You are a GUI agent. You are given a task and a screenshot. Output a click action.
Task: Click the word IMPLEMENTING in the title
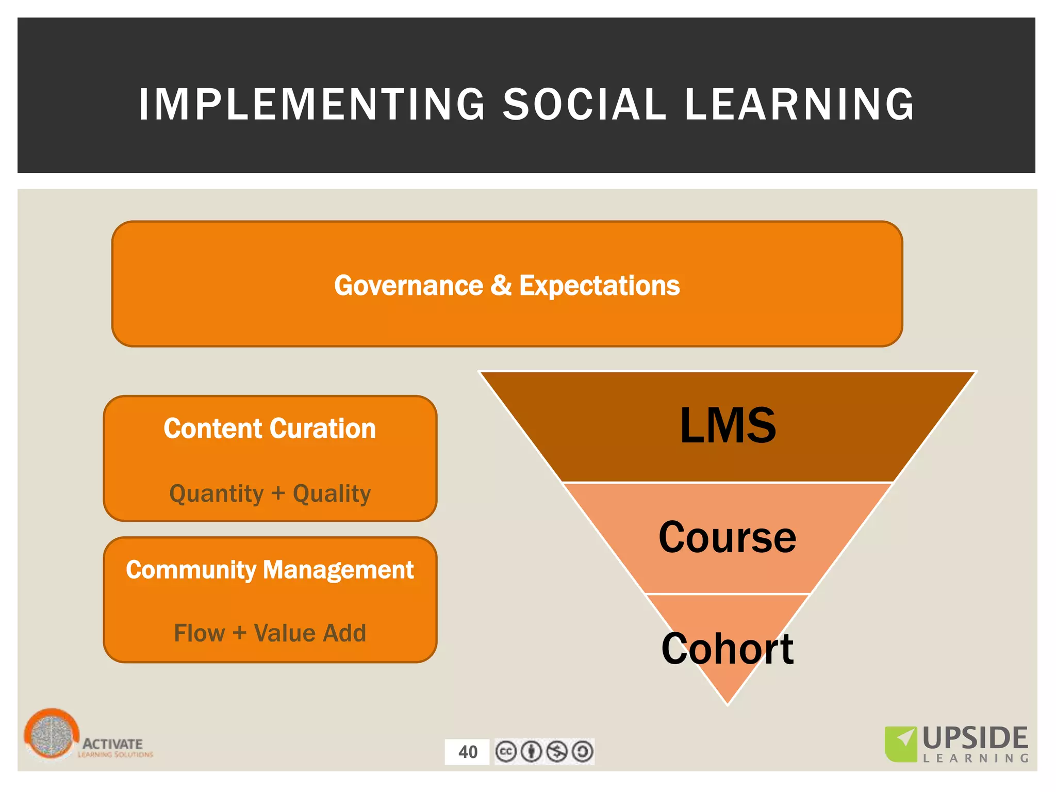(312, 105)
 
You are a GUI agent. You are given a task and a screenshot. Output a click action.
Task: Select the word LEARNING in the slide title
(800, 105)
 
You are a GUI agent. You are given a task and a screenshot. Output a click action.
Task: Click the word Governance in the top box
(408, 286)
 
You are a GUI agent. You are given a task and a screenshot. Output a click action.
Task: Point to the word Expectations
(599, 286)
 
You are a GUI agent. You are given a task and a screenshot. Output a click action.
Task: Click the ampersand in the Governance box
(501, 286)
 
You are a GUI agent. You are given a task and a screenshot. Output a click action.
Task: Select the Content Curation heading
(270, 428)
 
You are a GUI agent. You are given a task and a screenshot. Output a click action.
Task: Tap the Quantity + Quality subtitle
(270, 493)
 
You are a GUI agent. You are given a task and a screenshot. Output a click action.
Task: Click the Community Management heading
(270, 570)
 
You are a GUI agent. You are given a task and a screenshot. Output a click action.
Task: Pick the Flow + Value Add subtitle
(270, 633)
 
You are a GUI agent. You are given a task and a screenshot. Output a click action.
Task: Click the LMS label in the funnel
(728, 426)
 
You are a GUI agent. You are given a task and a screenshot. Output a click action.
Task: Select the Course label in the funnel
(728, 537)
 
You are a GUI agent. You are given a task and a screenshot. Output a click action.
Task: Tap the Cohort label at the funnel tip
(728, 649)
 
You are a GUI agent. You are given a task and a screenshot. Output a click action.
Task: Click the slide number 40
(468, 752)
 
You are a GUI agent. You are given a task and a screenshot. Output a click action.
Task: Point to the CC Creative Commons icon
(506, 751)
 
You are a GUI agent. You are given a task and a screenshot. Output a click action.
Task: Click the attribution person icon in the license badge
(531, 751)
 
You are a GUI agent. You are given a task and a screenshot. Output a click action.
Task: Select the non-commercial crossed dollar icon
(557, 751)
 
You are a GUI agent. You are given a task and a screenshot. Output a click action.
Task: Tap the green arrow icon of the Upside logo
(901, 743)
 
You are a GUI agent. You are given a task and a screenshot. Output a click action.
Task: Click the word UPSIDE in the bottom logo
(975, 738)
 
